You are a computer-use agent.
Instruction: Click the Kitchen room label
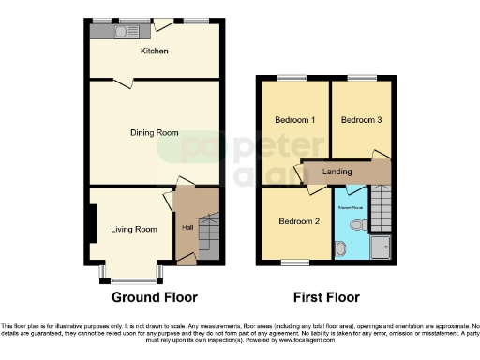point(154,52)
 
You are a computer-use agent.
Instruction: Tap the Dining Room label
point(154,133)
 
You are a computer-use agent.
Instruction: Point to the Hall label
point(187,228)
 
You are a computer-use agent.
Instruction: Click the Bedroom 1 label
point(294,121)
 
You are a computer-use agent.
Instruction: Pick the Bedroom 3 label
point(360,121)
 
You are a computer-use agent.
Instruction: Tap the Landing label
point(337,172)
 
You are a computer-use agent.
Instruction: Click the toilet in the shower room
point(356,224)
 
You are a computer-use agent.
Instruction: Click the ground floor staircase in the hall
point(210,235)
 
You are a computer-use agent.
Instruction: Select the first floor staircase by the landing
point(381,207)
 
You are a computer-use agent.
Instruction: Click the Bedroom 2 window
point(297,262)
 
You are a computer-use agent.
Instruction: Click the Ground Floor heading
point(155,297)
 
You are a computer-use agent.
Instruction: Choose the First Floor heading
point(326,297)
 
